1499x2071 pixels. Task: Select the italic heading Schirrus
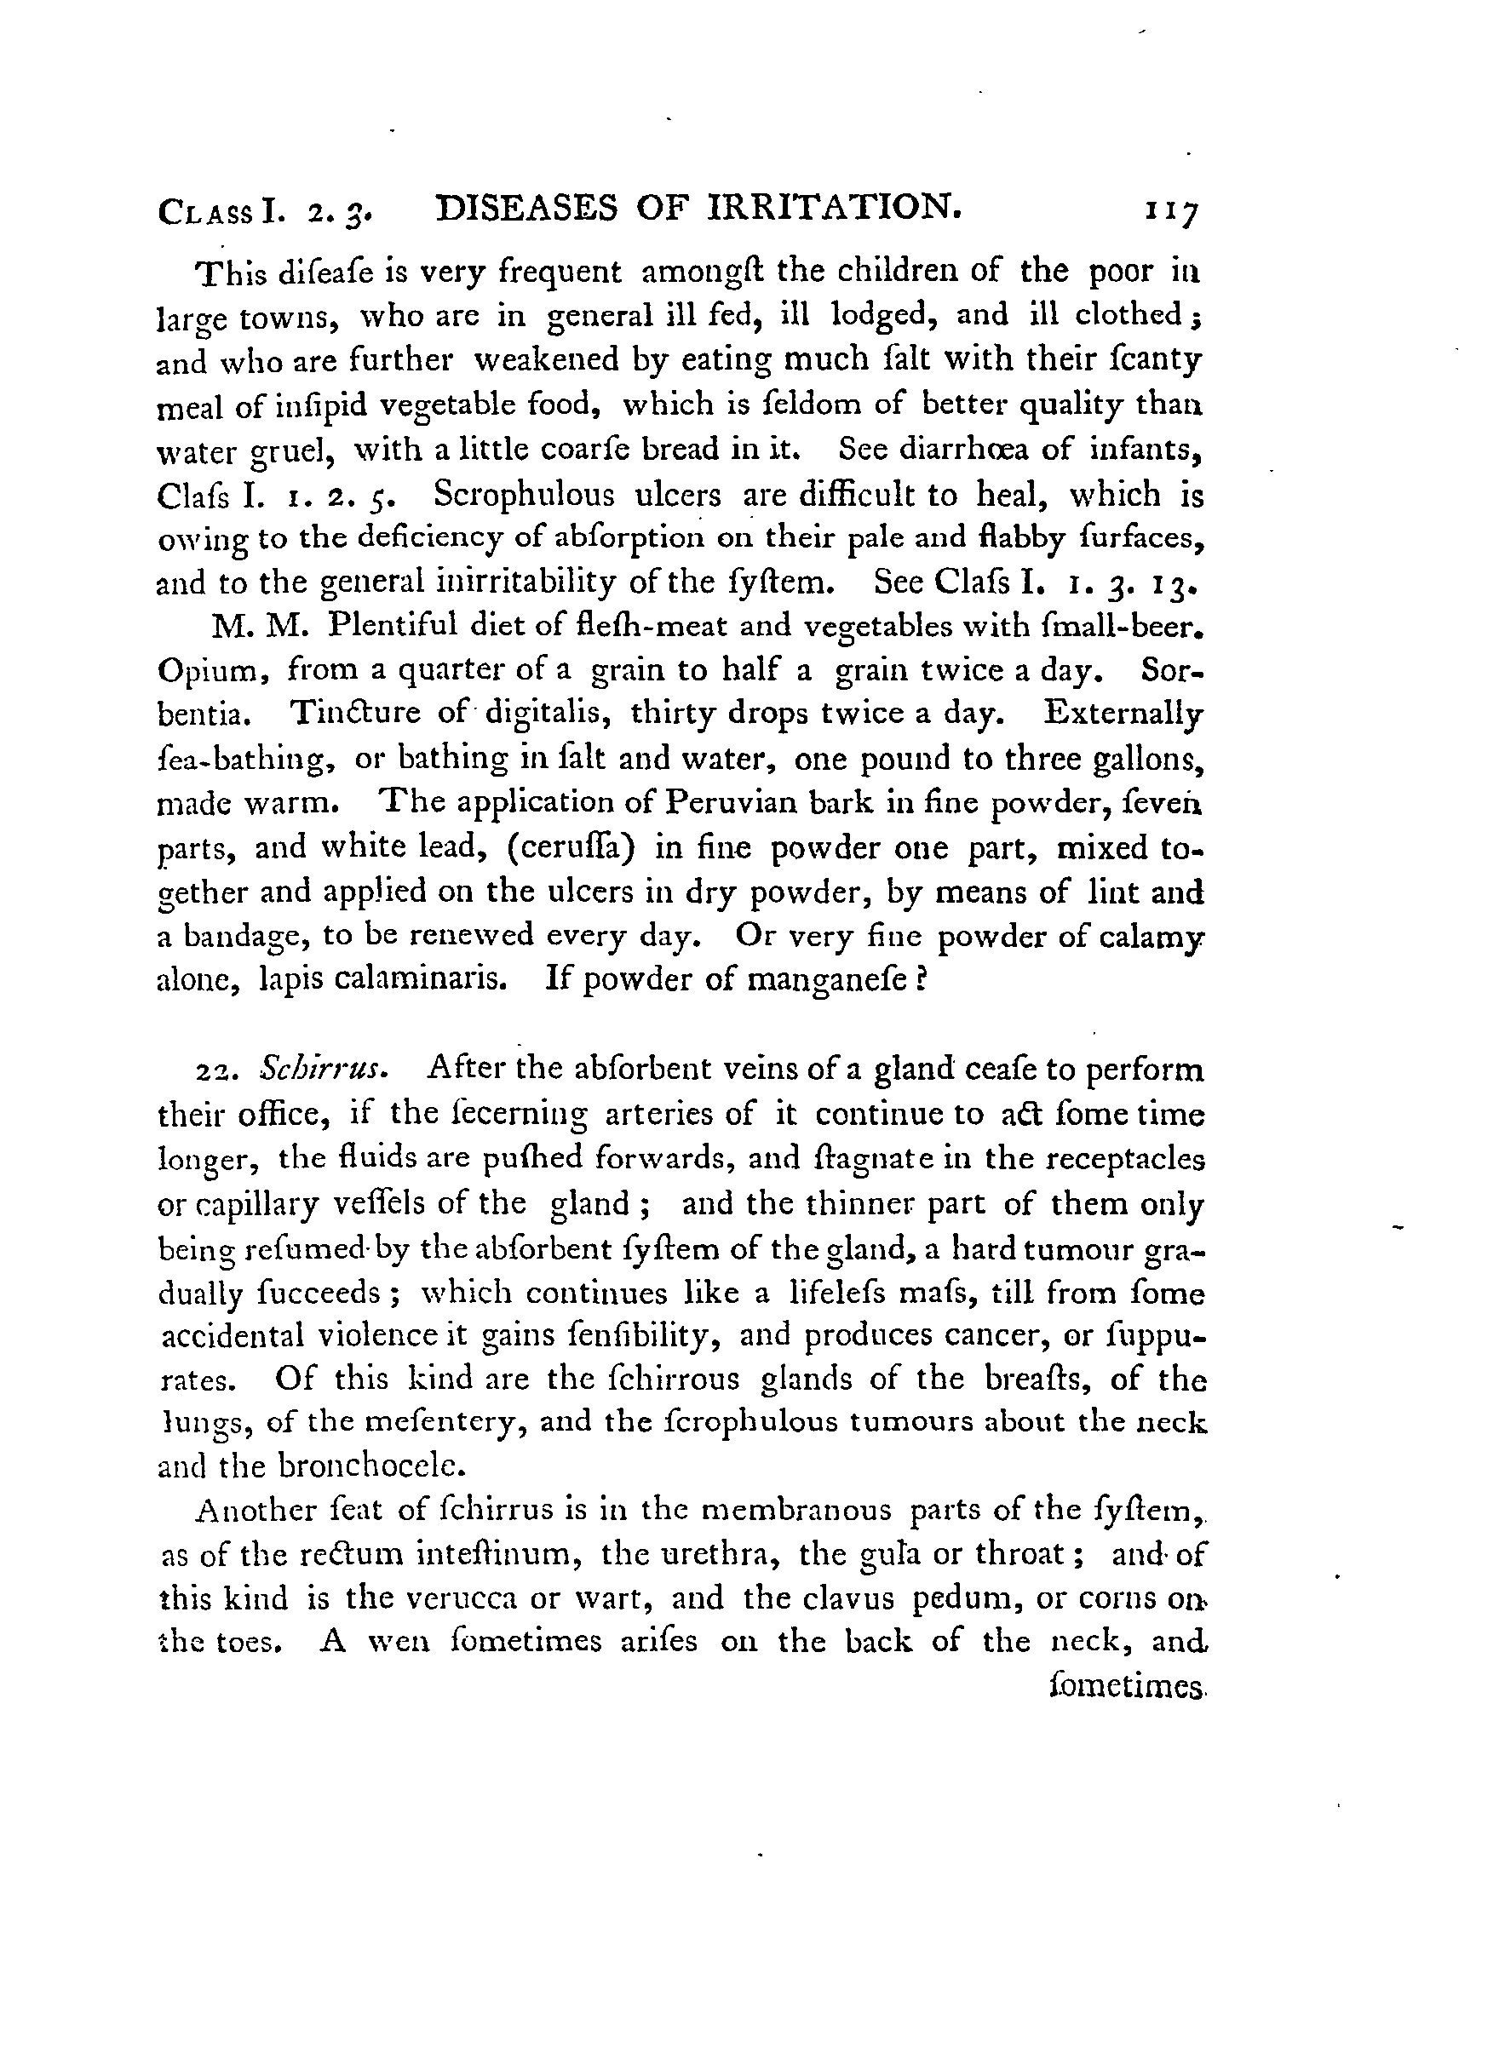pos(325,1069)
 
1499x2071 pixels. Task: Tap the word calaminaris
pos(418,979)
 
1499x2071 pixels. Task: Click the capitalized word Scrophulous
pos(524,495)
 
